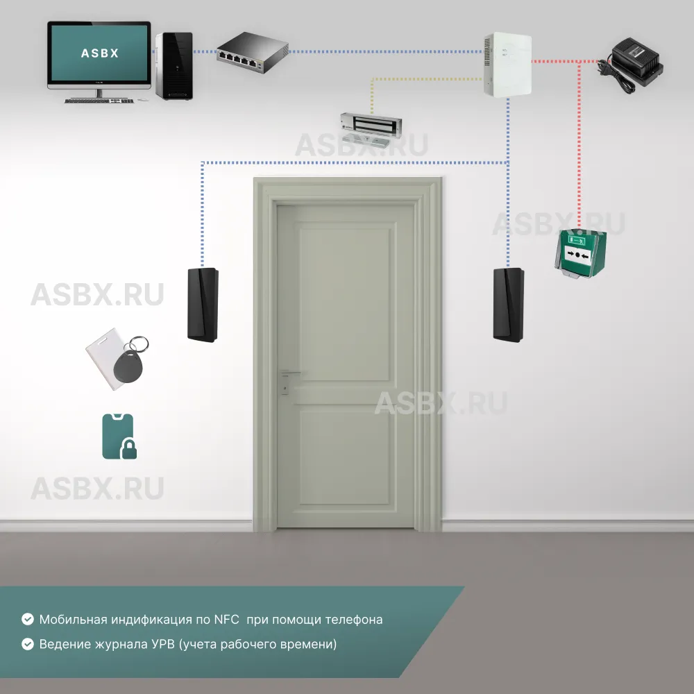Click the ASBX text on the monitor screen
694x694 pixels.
coord(99,53)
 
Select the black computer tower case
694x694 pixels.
coord(173,66)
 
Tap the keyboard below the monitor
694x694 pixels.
coord(98,101)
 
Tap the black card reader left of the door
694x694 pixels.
coord(203,303)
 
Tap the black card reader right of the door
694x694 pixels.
coord(509,305)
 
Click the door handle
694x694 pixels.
coord(289,373)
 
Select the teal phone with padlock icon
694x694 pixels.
coord(119,437)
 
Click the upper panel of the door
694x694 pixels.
coord(346,304)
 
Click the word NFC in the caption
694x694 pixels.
coord(226,619)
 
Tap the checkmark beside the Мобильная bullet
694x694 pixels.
coord(28,619)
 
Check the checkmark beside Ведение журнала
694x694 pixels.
coord(28,644)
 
